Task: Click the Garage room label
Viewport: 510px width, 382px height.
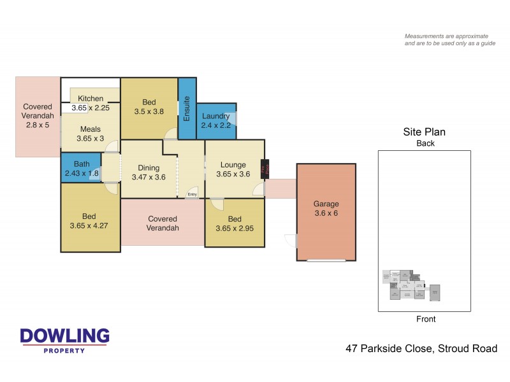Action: click(326, 208)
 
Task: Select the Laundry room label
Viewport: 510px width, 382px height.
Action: click(215, 121)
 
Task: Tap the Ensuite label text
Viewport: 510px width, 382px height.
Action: click(187, 109)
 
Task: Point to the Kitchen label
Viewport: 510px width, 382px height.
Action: click(91, 99)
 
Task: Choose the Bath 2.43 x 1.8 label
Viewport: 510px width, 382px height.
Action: click(82, 168)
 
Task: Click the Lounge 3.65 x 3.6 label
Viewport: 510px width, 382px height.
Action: click(233, 169)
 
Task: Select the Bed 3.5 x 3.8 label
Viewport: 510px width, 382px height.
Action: click(149, 106)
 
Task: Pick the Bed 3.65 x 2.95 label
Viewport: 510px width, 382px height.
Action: click(233, 223)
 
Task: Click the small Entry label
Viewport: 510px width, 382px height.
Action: click(192, 194)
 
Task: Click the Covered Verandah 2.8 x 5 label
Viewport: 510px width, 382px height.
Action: click(37, 116)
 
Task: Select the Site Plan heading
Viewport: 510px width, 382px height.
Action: click(424, 132)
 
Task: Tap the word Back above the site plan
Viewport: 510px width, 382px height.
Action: click(425, 143)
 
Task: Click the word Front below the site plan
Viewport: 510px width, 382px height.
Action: click(425, 319)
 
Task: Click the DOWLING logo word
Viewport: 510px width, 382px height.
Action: click(64, 336)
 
